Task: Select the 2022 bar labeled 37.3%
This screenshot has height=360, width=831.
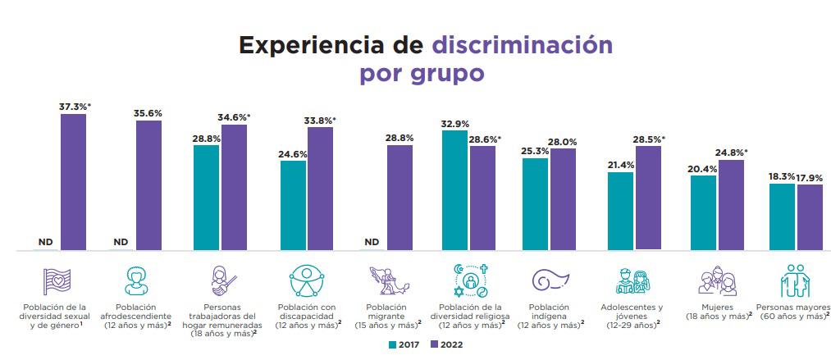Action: (x=73, y=181)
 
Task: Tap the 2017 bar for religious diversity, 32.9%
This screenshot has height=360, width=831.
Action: (x=455, y=189)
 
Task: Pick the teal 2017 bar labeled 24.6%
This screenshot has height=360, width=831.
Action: (x=293, y=205)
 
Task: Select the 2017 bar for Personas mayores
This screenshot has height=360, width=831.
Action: (x=782, y=216)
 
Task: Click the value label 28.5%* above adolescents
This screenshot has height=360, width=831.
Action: (x=648, y=139)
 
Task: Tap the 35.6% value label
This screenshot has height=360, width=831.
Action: (x=148, y=114)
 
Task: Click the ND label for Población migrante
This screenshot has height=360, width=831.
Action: (x=372, y=242)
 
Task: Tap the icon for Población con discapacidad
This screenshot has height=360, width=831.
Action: (x=306, y=280)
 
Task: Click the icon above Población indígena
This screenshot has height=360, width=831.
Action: (x=550, y=280)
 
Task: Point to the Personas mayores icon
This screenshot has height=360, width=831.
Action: (x=794, y=280)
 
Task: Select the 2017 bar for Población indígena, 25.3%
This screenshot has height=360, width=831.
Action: (x=535, y=203)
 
